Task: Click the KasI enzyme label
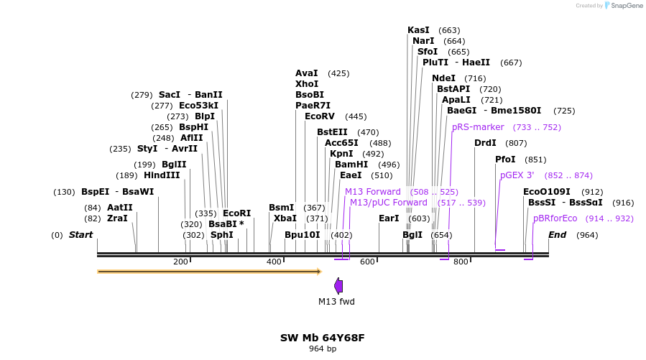click(x=418, y=30)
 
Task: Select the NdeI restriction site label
click(x=443, y=78)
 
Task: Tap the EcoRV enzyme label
click(x=320, y=116)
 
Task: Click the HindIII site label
click(x=162, y=175)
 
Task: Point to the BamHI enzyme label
click(x=351, y=165)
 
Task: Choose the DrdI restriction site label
click(x=485, y=143)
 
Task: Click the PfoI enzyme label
click(x=505, y=160)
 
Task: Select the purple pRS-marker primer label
click(x=478, y=127)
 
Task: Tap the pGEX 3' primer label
click(x=517, y=175)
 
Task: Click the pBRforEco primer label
click(x=555, y=218)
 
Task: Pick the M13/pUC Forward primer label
click(x=388, y=203)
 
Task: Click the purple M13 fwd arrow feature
click(x=338, y=286)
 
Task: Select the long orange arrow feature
click(x=208, y=272)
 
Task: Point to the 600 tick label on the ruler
click(x=366, y=262)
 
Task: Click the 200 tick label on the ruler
click(x=180, y=262)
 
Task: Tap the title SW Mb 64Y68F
click(x=323, y=338)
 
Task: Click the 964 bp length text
click(x=323, y=349)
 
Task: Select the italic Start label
click(x=80, y=235)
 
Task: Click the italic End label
click(x=557, y=235)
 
